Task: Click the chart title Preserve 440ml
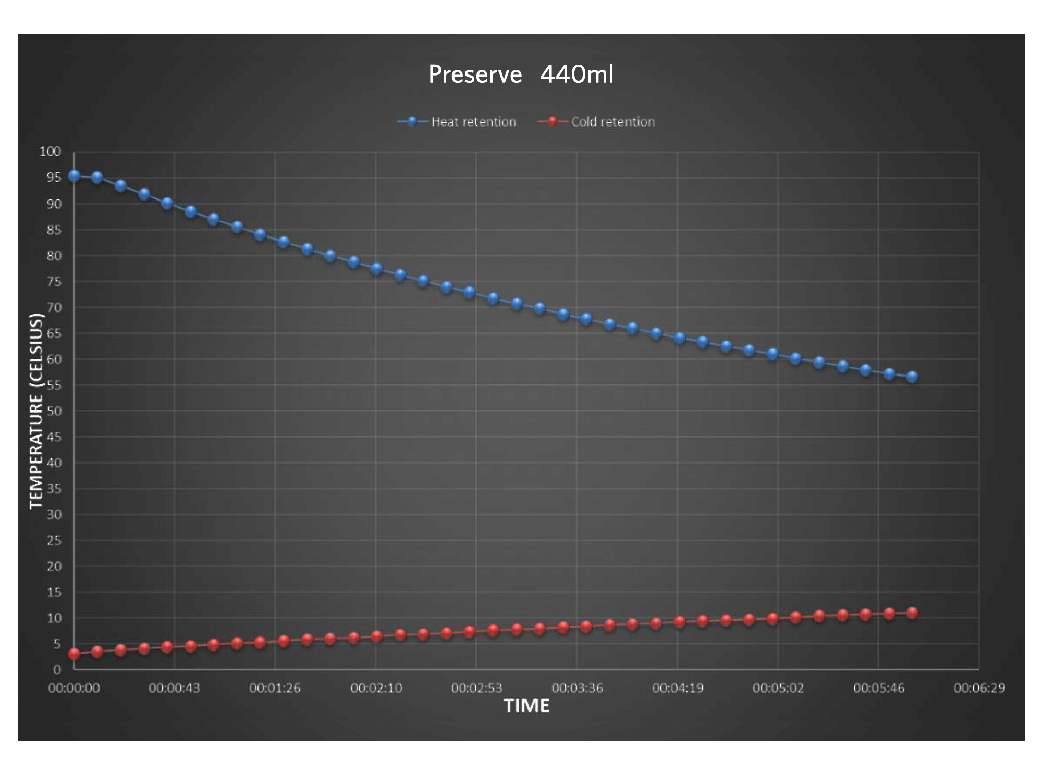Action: point(521,74)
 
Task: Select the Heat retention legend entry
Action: point(473,122)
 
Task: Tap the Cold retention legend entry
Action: point(612,122)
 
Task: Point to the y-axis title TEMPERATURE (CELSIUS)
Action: point(36,411)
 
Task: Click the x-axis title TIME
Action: point(526,706)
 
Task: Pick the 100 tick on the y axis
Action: point(50,152)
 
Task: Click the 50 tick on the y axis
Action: point(54,411)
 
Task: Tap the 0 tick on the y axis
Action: point(57,670)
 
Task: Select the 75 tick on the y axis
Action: point(54,282)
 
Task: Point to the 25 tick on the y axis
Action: point(54,541)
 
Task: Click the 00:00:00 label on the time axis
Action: point(73,688)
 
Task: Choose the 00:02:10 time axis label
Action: point(376,688)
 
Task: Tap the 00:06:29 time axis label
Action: point(979,688)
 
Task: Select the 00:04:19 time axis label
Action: point(678,688)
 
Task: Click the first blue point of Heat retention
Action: point(74,176)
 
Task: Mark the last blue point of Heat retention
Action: point(912,377)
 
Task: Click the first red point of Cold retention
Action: point(74,654)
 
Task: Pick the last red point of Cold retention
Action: point(912,613)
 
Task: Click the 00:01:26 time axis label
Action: point(275,688)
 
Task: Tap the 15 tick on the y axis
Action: point(54,592)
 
